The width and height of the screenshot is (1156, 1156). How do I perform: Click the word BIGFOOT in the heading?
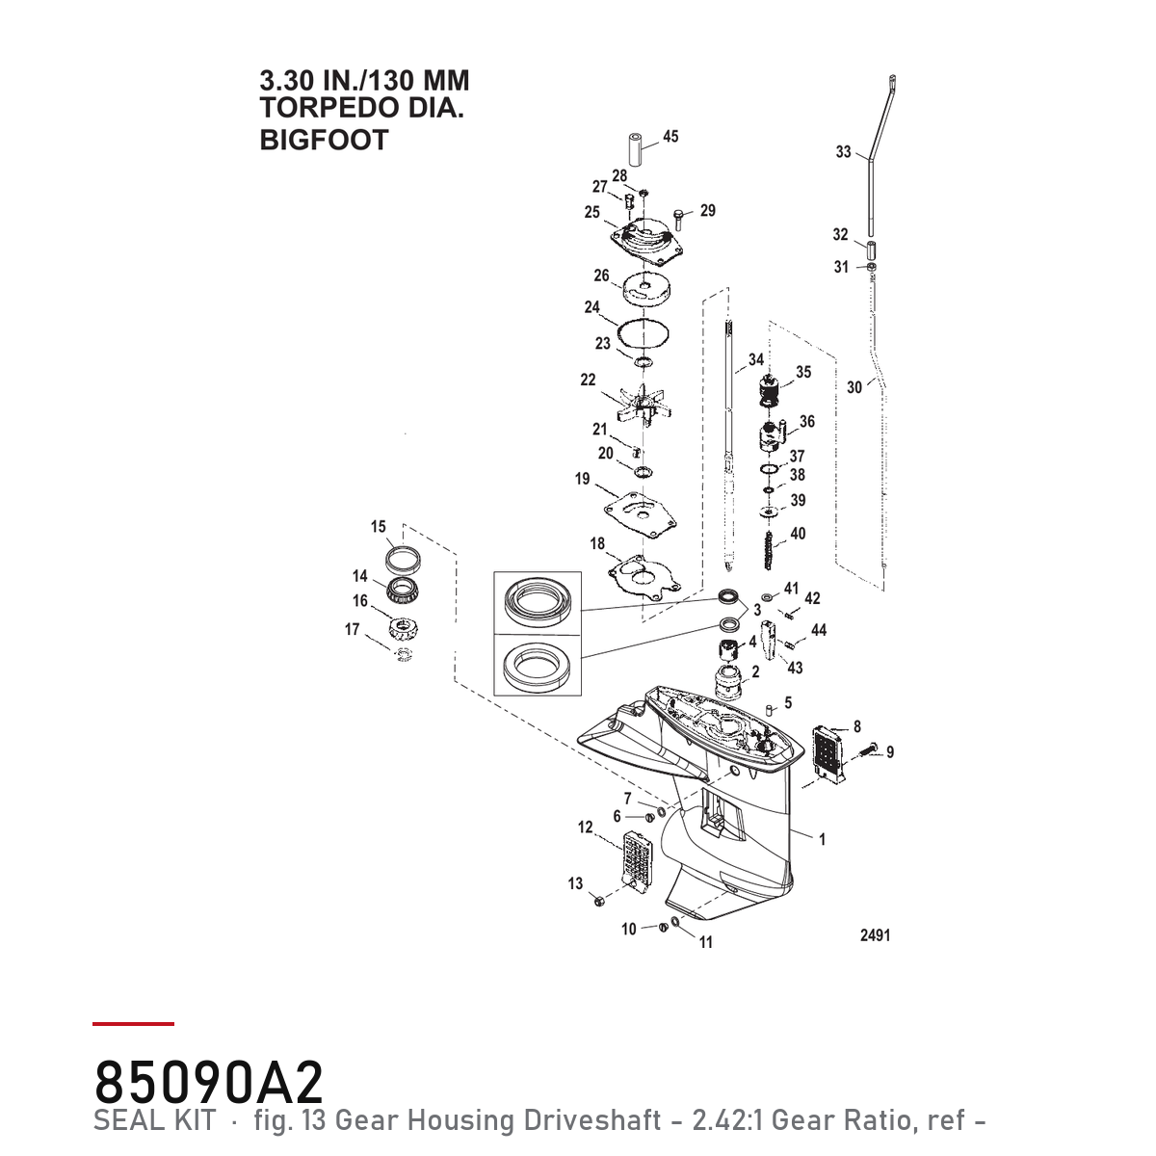tap(324, 140)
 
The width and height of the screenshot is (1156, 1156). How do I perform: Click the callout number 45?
tap(670, 137)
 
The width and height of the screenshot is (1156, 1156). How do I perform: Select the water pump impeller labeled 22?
tap(644, 406)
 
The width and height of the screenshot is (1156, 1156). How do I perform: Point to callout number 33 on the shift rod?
tap(843, 152)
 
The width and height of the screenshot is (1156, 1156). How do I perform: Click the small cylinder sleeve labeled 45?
tap(637, 149)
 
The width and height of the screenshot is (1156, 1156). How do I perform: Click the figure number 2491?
tap(876, 934)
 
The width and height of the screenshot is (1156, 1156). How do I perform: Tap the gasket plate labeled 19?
tap(640, 514)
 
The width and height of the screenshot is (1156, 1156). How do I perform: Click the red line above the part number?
tap(133, 1023)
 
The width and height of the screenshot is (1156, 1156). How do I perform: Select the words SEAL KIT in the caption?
tap(154, 1120)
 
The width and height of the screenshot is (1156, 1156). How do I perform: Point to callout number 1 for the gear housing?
tap(822, 839)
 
